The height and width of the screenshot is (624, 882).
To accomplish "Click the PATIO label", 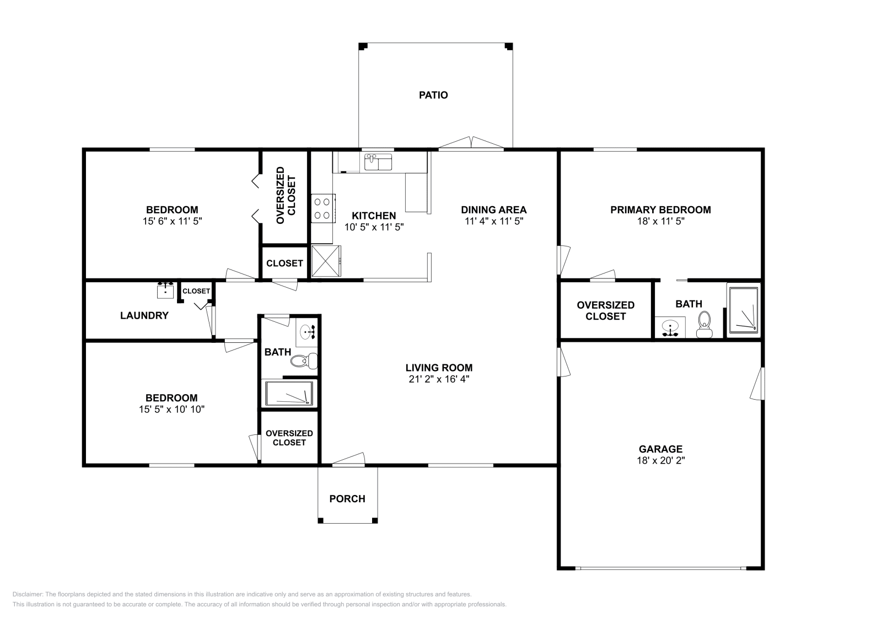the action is pos(433,95).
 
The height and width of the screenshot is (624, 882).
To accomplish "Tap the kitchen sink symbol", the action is pos(378,162).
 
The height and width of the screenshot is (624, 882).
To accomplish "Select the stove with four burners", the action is pos(323,209).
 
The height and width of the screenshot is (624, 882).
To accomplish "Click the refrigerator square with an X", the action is pos(326,261).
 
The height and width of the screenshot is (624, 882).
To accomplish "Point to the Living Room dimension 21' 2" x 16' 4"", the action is pos(439,379).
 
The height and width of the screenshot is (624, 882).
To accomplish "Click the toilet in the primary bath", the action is pos(704,325).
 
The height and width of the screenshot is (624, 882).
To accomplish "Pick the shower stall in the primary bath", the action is pos(744,310).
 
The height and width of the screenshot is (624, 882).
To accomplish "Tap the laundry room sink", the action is pos(165,290).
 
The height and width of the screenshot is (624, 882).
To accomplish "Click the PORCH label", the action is pos(347,499).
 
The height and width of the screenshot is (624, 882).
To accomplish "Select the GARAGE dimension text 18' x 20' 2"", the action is pos(661,460).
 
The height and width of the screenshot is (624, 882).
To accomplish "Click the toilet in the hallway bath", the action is pos(304,361).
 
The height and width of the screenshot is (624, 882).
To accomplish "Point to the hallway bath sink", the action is pos(306,332).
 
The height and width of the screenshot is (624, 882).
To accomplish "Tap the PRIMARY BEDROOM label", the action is pos(661,210).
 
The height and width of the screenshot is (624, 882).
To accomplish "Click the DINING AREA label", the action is pos(494,210).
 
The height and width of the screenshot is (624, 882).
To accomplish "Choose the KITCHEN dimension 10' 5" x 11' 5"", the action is pos(374,227).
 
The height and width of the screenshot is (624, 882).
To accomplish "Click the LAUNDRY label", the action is pos(144,315).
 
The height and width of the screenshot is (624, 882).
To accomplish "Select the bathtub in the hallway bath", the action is pos(289,393).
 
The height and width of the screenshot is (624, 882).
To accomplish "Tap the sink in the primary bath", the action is pos(670,327).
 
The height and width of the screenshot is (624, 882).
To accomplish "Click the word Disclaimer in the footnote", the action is pos(28,594).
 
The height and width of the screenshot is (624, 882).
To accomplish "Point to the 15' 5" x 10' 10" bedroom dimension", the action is pos(171,410).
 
